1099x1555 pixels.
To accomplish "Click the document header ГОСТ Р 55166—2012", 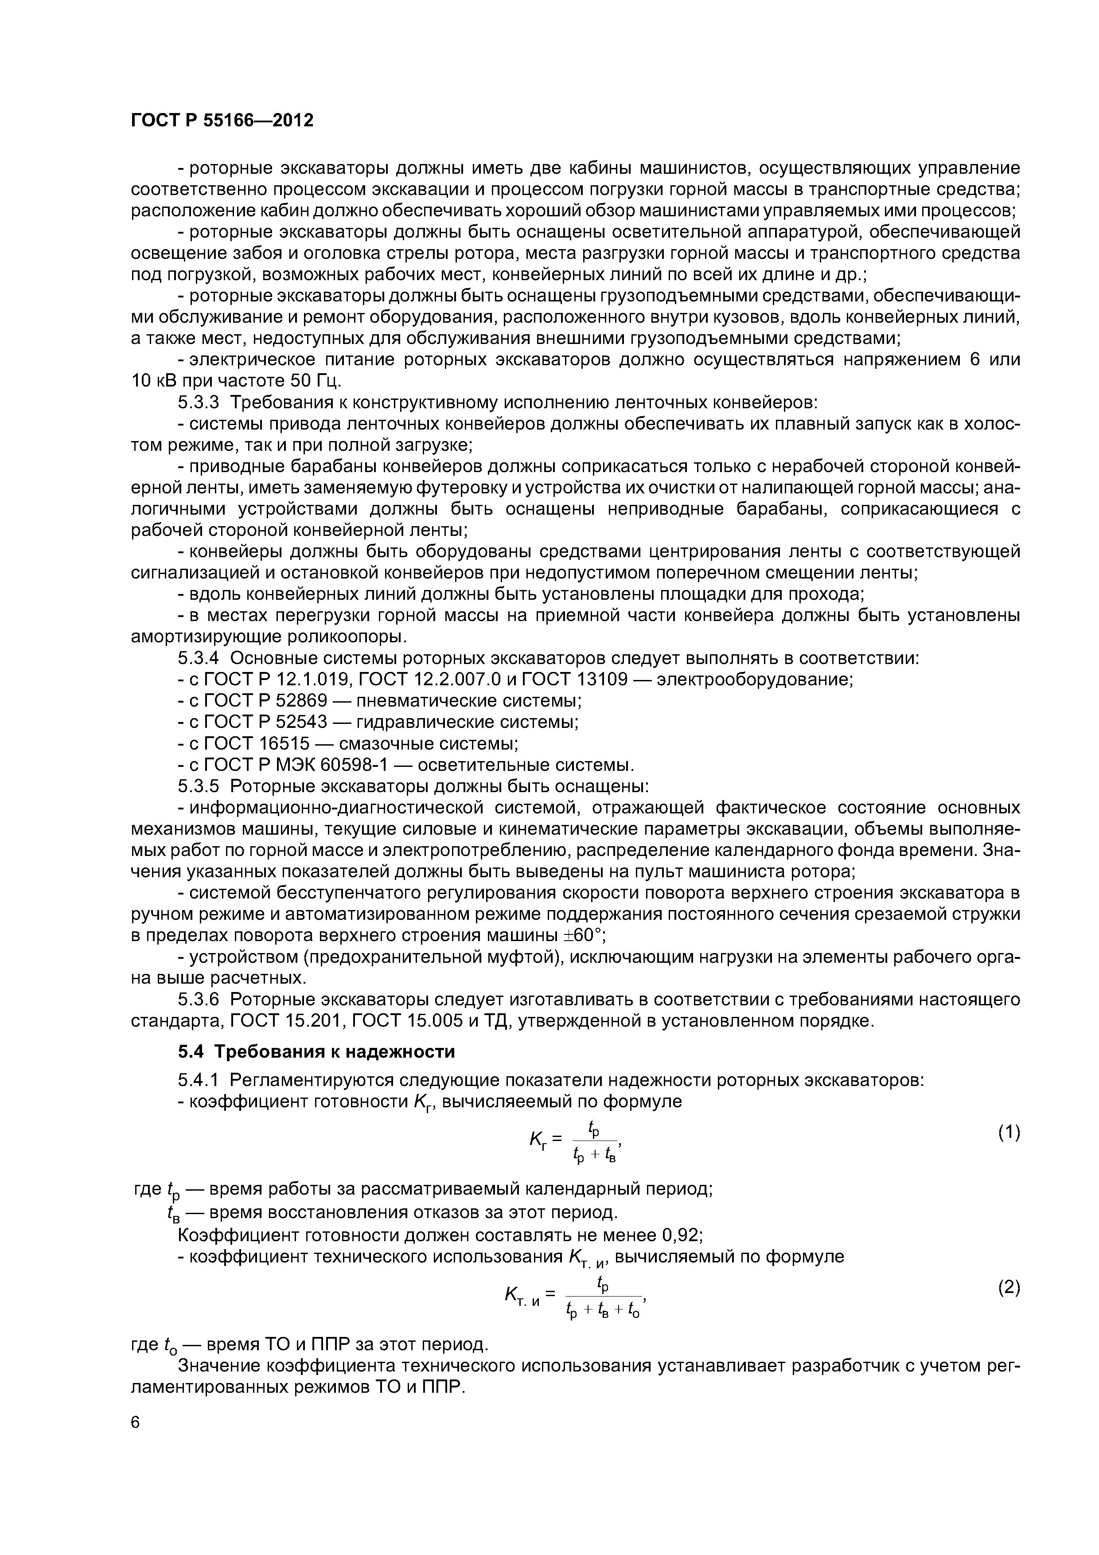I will click(x=222, y=121).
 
